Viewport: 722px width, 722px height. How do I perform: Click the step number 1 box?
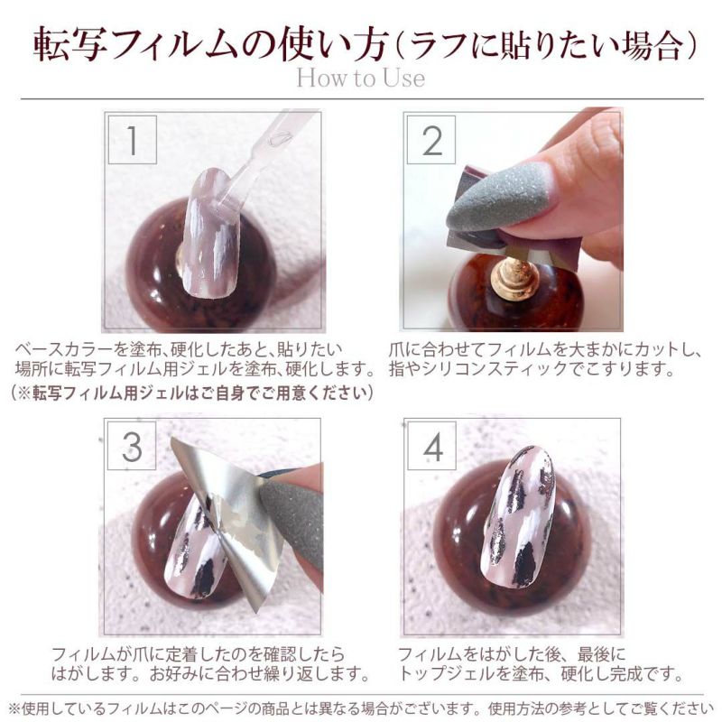(x=132, y=140)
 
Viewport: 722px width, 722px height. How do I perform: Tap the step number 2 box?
(x=431, y=140)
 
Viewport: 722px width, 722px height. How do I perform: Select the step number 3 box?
(x=132, y=446)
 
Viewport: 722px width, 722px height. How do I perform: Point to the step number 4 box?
(x=432, y=446)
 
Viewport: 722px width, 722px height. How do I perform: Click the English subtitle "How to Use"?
(x=360, y=78)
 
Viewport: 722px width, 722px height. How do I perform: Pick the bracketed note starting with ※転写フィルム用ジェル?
(x=191, y=393)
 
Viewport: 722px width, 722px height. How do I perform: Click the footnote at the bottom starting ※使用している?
(x=361, y=708)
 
